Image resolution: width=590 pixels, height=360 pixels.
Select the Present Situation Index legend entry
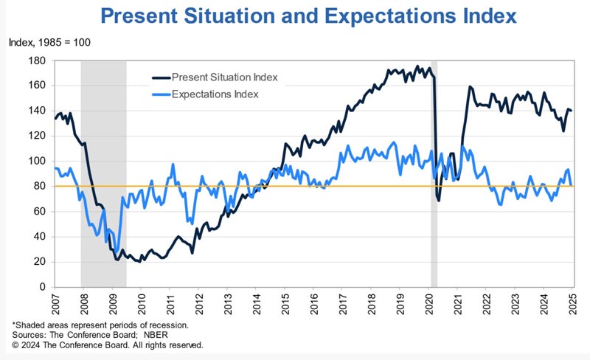pos(215,77)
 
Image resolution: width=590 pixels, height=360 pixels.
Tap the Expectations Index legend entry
pos(206,94)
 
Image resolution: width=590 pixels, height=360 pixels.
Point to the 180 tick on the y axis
pos(37,60)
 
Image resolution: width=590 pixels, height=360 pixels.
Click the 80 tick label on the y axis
pos(40,187)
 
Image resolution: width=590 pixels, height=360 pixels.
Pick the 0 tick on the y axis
pos(43,287)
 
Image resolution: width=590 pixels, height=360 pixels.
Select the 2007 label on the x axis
pos(55,304)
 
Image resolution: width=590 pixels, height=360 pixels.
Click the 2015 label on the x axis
pos(285,304)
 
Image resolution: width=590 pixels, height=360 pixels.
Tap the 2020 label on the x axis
pos(429,304)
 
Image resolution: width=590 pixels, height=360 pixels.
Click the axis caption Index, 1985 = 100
pos(49,42)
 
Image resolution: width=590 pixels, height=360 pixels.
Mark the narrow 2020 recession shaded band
pos(434,173)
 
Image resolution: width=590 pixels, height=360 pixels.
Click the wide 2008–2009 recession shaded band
pos(103,173)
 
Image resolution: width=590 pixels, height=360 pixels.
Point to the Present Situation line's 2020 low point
pos(439,201)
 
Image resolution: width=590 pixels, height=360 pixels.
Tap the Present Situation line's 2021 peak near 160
pos(470,86)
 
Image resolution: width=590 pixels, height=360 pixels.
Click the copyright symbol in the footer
pos(15,345)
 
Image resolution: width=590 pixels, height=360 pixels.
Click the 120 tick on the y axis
pos(37,136)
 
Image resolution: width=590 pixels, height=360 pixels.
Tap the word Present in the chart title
pos(139,16)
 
